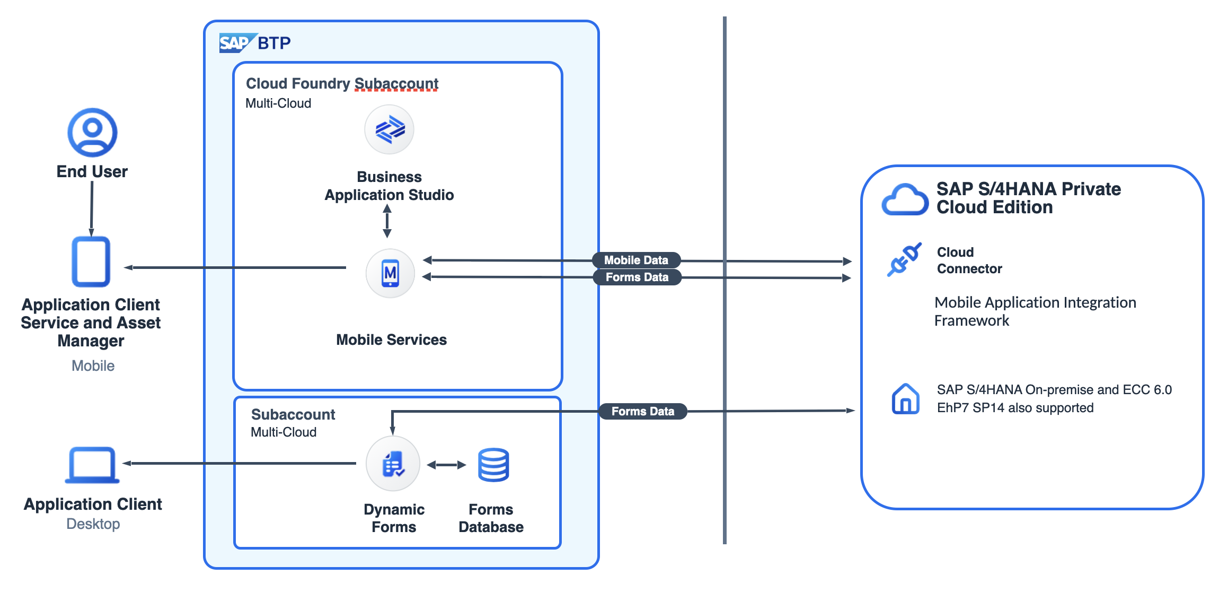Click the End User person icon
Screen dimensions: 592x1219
[92, 132]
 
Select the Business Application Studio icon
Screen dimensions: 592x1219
[390, 129]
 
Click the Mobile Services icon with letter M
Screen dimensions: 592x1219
[391, 273]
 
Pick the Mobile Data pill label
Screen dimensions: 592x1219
[636, 260]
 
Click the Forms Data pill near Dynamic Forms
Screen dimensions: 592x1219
[642, 411]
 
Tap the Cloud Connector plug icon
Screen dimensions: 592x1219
[904, 260]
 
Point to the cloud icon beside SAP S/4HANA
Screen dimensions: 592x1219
[905, 200]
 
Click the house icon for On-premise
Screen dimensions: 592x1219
[905, 398]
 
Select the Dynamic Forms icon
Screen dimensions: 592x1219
[393, 464]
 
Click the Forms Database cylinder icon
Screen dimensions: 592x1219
[493, 465]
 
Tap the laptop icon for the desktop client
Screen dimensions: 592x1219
[92, 465]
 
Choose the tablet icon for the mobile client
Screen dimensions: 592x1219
[91, 262]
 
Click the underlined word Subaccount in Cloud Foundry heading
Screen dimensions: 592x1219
[396, 84]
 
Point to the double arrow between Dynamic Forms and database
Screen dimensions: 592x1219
[446, 465]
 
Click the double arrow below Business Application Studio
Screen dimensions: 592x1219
[387, 221]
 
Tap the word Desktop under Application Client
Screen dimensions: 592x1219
[93, 524]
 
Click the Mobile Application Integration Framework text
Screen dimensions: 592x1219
[1035, 311]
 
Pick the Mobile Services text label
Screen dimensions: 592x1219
[391, 340]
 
